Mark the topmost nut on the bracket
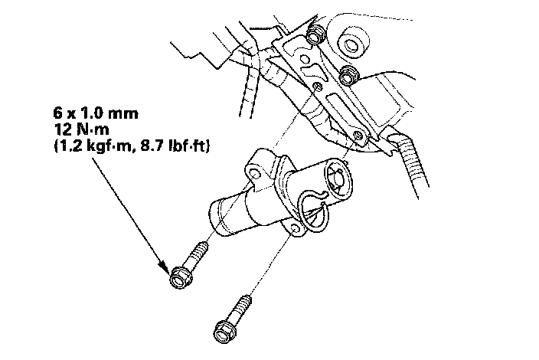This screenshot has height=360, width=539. point(313,37)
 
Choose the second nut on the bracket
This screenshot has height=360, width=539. point(349,76)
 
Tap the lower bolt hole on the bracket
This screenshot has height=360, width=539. point(358,137)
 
